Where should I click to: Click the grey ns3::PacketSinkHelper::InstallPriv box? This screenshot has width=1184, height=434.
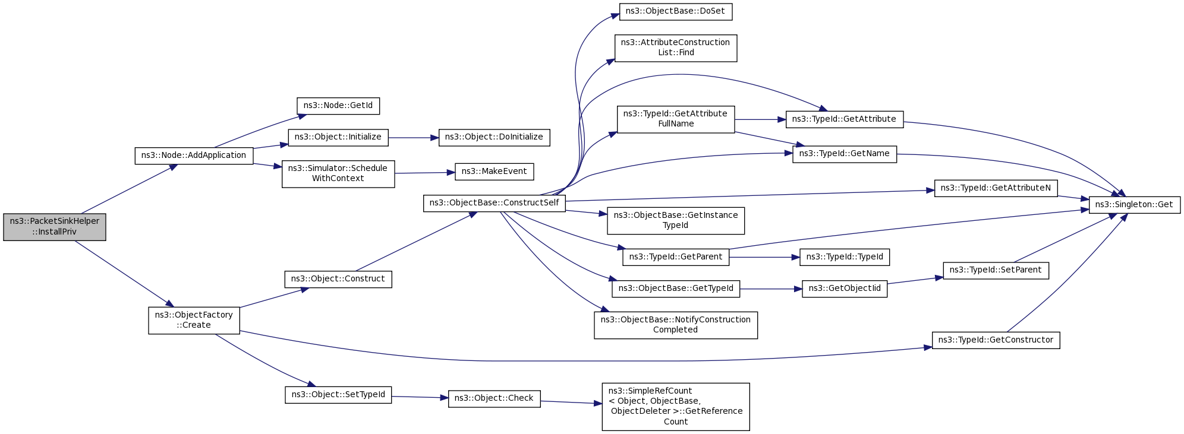[55, 227]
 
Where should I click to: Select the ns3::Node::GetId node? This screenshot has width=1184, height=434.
[338, 106]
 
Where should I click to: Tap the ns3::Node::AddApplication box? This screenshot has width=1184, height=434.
[194, 156]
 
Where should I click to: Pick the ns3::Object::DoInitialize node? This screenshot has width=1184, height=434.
[494, 137]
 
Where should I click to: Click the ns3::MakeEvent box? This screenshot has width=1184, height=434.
[494, 172]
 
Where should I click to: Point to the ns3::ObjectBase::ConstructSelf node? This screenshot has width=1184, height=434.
[494, 203]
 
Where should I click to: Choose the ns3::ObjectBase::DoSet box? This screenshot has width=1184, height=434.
[675, 11]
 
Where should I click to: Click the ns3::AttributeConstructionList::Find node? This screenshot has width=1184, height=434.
[675, 47]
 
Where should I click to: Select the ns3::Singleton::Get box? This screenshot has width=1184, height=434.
[1134, 205]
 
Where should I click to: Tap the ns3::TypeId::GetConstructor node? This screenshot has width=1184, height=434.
[996, 340]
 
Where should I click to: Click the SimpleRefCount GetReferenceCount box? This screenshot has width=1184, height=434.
[675, 407]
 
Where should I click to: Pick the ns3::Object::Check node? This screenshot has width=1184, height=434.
[494, 398]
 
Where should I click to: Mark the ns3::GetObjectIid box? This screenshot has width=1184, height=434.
[845, 289]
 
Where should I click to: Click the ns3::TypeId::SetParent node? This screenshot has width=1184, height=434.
[996, 270]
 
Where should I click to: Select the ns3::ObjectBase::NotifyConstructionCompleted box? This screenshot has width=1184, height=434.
[675, 325]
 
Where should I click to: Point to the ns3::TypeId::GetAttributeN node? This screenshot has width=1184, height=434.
[996, 188]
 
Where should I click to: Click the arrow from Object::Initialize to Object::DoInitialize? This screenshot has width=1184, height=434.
[413, 138]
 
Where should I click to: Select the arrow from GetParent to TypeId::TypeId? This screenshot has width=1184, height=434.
[764, 257]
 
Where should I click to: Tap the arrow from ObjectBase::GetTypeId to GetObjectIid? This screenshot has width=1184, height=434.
[771, 289]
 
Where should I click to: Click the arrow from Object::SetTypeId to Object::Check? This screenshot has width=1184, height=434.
[420, 397]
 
